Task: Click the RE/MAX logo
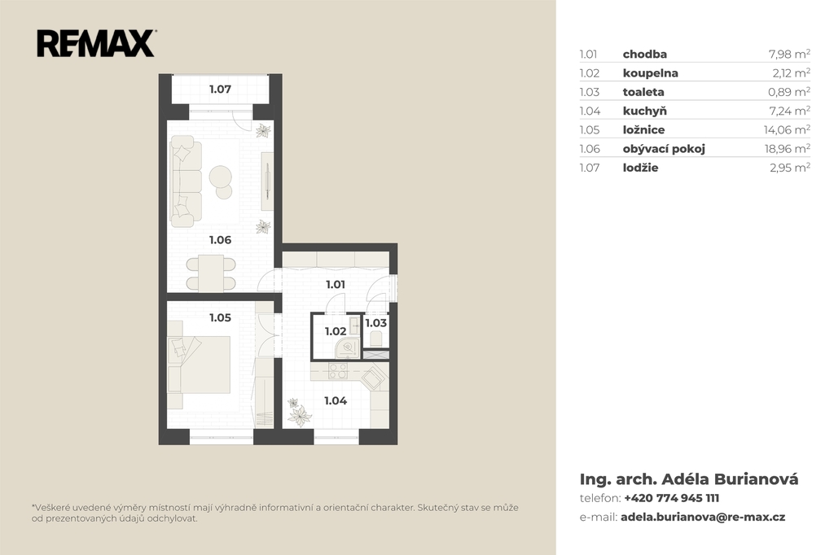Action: [x=96, y=44]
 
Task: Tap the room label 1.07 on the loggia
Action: [x=220, y=90]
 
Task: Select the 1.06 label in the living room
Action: [x=220, y=240]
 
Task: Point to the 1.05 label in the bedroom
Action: [x=220, y=318]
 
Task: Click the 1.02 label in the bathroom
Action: [x=336, y=332]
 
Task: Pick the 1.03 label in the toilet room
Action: [x=376, y=323]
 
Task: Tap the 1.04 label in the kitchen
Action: [x=336, y=401]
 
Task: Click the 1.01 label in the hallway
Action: [x=336, y=285]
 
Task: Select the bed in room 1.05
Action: [x=200, y=365]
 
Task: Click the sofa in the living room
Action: [x=186, y=178]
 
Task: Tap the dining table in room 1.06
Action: [x=211, y=273]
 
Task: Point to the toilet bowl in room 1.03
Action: [x=376, y=339]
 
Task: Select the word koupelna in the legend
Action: [x=651, y=72]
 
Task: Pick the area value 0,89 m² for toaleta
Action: [x=788, y=92]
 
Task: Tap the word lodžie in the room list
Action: [x=640, y=168]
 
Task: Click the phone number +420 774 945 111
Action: [x=671, y=499]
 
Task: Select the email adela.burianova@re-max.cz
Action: [x=703, y=518]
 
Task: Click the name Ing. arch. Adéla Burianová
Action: [x=689, y=479]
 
